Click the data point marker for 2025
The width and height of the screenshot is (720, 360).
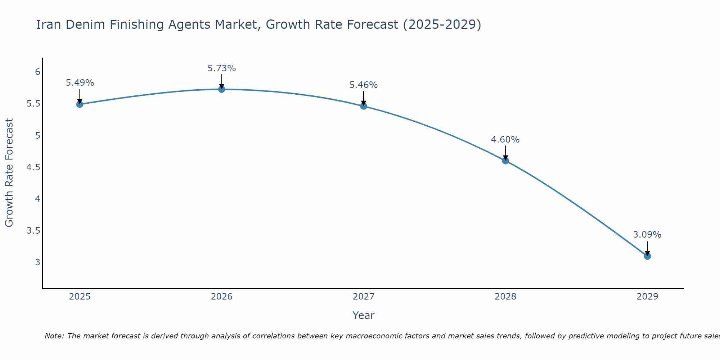(80, 104)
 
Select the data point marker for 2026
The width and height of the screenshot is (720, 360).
(222, 89)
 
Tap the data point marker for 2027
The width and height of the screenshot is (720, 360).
(364, 106)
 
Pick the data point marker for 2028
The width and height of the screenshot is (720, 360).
(505, 161)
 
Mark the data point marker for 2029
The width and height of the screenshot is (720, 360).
(647, 256)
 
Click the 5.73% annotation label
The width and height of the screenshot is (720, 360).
(222, 68)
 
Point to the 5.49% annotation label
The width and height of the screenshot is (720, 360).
(80, 83)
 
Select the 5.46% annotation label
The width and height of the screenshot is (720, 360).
(364, 85)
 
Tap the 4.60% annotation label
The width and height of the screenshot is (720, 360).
(505, 140)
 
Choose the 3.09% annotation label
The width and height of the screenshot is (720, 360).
(647, 235)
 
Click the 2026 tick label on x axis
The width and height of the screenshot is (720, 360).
(222, 297)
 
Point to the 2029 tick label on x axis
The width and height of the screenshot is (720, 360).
(647, 297)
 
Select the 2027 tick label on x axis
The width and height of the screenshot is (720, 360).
(364, 297)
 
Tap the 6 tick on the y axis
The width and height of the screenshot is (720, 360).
(37, 72)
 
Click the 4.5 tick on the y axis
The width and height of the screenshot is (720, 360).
(33, 167)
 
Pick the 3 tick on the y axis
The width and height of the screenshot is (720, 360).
(37, 262)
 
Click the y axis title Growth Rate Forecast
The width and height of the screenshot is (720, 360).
(9, 173)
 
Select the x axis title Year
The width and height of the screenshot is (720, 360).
(364, 315)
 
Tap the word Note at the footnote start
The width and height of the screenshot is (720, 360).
(54, 336)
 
